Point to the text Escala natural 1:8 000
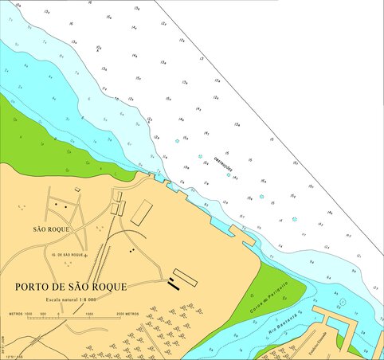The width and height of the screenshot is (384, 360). click(x=71, y=299)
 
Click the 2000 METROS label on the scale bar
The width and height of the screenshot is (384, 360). click(x=127, y=314)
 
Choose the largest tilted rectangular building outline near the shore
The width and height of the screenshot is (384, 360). click(x=142, y=211)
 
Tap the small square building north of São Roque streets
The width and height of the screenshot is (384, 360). click(x=77, y=189)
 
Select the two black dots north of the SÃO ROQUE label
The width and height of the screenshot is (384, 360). click(x=60, y=205)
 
